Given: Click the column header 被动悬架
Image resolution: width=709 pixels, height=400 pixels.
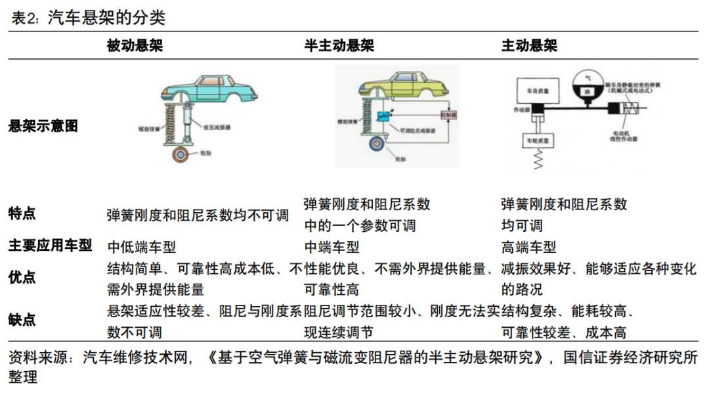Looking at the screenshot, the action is click(x=135, y=46).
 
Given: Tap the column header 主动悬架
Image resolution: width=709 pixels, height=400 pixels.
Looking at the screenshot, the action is click(x=528, y=46).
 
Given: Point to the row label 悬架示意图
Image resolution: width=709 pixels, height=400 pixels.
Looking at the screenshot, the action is click(x=43, y=126).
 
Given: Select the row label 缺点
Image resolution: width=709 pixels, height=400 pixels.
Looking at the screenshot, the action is click(x=22, y=319).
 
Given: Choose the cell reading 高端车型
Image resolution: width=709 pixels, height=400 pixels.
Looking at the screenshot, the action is click(x=528, y=247).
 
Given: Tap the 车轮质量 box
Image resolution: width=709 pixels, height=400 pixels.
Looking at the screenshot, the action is click(x=538, y=141).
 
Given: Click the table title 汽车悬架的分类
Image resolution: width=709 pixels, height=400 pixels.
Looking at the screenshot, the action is click(x=106, y=18).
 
